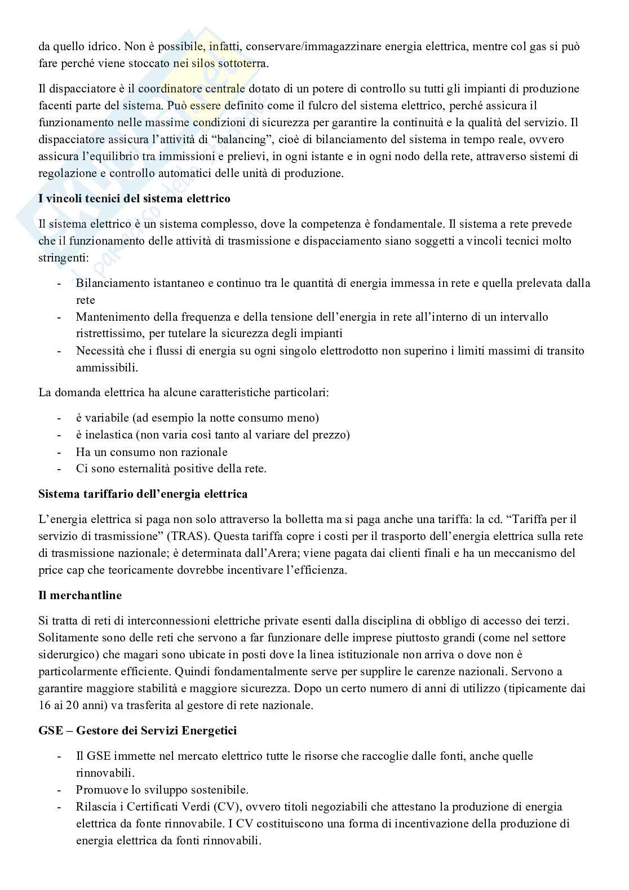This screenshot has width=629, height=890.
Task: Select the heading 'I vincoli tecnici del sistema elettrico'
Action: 134,198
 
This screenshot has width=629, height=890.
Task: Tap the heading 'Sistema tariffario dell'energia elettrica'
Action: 143,494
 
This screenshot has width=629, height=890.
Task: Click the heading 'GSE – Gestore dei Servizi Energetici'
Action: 138,730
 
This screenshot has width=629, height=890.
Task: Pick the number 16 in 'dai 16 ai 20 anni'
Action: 45,705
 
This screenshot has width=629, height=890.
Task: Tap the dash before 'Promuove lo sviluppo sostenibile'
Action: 59,790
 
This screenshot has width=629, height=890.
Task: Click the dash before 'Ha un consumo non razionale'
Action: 59,451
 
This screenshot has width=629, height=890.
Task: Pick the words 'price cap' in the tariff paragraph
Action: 59,570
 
